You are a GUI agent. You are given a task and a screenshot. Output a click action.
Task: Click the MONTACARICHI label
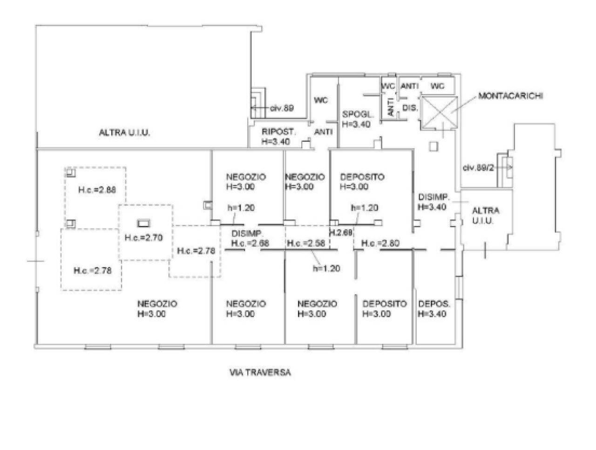pyautogui.click(x=511, y=96)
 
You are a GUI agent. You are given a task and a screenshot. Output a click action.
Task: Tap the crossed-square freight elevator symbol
pyautogui.click(x=440, y=113)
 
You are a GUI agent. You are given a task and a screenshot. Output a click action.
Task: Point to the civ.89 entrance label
pyautogui.click(x=282, y=108)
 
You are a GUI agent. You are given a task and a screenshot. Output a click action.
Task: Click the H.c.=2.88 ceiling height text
pyautogui.click(x=96, y=190)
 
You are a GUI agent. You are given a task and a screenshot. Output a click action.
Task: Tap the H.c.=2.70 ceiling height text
pyautogui.click(x=143, y=237)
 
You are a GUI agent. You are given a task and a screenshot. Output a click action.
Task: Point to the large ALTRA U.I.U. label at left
pyautogui.click(x=124, y=132)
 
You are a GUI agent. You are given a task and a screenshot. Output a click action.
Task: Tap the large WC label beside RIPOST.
pyautogui.click(x=320, y=100)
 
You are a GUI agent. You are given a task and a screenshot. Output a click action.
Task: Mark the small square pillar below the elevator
pyautogui.click(x=433, y=146)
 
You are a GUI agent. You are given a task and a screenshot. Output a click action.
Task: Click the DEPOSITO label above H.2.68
pyautogui.click(x=362, y=177)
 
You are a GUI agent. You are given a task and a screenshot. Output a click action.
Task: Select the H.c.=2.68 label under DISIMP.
pyautogui.click(x=250, y=243)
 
